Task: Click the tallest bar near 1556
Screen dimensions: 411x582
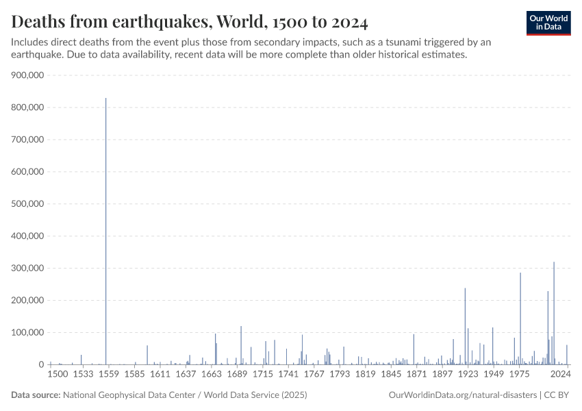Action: tap(105, 233)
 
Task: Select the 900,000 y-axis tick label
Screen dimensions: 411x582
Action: tap(28, 75)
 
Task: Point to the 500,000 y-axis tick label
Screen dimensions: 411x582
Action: tap(28, 203)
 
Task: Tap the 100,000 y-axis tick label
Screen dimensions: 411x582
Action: tap(28, 332)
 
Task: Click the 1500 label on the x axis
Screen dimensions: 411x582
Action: tap(58, 375)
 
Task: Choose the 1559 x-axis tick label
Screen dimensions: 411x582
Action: tap(109, 375)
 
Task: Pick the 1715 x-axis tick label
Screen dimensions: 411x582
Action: tap(263, 375)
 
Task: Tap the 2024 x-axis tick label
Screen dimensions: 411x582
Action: tap(560, 375)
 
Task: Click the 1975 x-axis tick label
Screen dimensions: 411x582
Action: tap(520, 375)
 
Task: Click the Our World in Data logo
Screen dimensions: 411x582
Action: tap(548, 23)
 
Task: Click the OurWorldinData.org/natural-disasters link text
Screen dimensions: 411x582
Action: tap(462, 395)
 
